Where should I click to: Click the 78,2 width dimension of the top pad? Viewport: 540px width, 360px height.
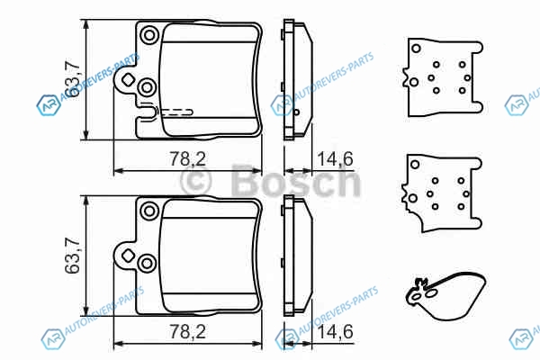pyautogui.click(x=188, y=159)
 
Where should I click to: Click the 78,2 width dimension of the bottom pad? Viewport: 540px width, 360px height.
pyautogui.click(x=188, y=332)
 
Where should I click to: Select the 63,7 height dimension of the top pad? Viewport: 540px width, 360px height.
pyautogui.click(x=73, y=79)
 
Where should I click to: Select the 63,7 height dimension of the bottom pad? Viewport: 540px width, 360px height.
pyautogui.click(x=73, y=256)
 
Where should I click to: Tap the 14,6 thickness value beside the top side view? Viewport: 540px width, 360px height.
pyautogui.click(x=335, y=159)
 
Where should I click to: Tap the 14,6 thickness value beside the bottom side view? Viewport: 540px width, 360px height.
pyautogui.click(x=335, y=332)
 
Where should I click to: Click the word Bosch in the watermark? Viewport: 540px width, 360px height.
pyautogui.click(x=295, y=181)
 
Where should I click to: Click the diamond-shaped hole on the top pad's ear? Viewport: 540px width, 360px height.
pyautogui.click(x=128, y=80)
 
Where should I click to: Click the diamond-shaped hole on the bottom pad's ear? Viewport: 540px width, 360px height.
pyautogui.click(x=128, y=256)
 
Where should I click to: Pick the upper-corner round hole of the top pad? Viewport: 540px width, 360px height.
pyautogui.click(x=149, y=35)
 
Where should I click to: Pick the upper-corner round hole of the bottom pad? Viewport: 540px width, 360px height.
pyautogui.click(x=149, y=211)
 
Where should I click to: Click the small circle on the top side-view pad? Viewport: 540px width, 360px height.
pyautogui.click(x=297, y=112)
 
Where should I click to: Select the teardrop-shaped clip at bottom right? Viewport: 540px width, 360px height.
pyautogui.click(x=446, y=295)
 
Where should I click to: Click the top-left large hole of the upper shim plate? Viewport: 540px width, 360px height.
pyautogui.click(x=416, y=49)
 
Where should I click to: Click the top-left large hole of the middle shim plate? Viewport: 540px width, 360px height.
pyautogui.click(x=415, y=165)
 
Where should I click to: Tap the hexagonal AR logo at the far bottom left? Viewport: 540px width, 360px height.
pyautogui.click(x=52, y=339)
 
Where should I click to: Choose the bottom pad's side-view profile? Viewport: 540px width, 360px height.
pyautogui.click(x=297, y=256)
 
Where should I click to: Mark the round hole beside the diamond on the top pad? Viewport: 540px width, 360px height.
pyautogui.click(x=147, y=87)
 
